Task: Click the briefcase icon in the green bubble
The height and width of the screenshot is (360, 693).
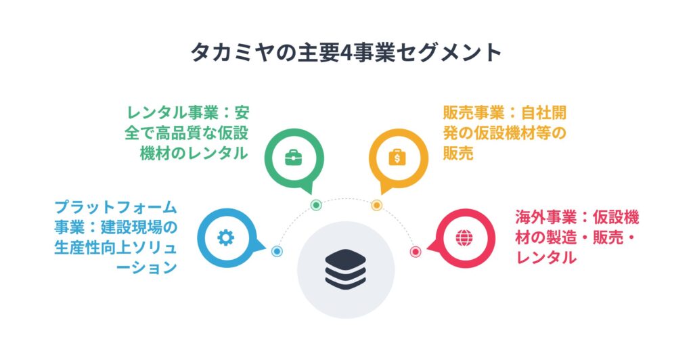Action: click(294, 158)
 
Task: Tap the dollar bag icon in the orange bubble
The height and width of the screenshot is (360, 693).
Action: click(397, 157)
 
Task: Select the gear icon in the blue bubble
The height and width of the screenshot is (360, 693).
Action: click(226, 238)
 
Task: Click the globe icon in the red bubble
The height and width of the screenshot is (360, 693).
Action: click(464, 238)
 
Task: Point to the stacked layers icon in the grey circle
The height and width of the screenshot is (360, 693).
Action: click(346, 269)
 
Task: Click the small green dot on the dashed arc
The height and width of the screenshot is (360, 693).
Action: click(316, 205)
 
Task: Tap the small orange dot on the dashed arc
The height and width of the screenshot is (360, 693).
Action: click(376, 205)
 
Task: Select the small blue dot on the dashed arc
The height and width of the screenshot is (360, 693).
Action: click(277, 251)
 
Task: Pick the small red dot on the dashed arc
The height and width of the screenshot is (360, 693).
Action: click(416, 252)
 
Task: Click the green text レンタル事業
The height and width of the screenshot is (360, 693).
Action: click(173, 112)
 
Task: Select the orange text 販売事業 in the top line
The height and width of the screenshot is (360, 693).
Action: click(473, 112)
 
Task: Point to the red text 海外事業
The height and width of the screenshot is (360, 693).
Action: click(546, 217)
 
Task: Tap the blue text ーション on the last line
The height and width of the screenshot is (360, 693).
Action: click(146, 267)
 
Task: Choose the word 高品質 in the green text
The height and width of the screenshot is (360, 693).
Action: click(179, 133)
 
